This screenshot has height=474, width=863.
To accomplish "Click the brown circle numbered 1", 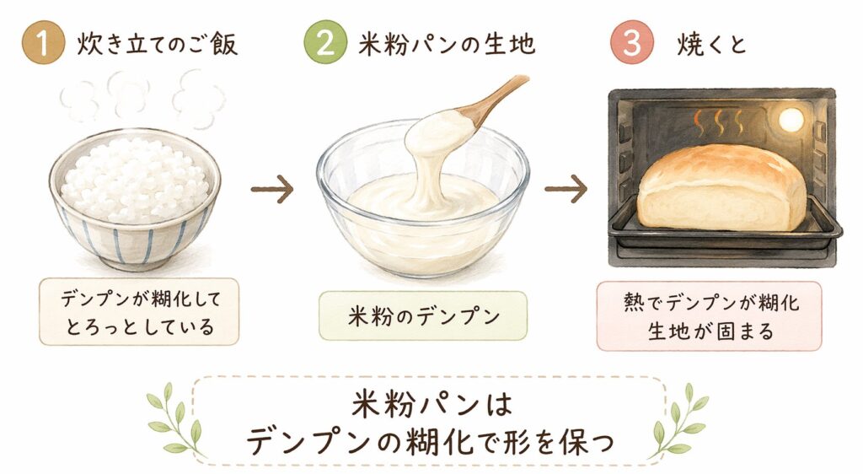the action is (44, 42).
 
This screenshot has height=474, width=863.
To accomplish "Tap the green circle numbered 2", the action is (325, 42).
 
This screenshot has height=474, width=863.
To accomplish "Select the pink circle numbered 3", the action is (632, 42).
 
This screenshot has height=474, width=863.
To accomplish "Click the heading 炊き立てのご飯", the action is (158, 44).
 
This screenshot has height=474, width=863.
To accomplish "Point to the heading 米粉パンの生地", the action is (447, 44).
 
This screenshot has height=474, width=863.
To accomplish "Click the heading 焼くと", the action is (711, 44).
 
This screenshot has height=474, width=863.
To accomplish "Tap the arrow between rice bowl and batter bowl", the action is (272, 190).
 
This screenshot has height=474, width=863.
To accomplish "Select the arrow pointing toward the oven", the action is (566, 190).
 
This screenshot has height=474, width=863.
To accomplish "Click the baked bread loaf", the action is (722, 187).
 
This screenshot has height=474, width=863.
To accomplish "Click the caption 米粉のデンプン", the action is (423, 316).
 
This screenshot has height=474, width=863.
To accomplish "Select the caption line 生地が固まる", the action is (710, 331).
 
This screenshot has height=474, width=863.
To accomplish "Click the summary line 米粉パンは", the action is (431, 406).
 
